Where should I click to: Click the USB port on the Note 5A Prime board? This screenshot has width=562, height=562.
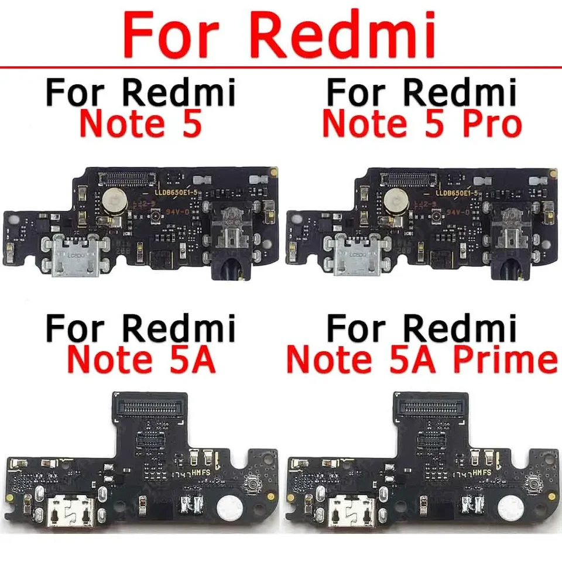[351, 506]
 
